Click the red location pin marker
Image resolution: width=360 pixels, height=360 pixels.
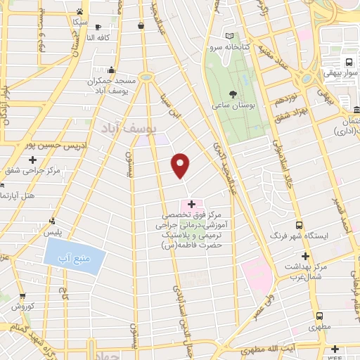181,165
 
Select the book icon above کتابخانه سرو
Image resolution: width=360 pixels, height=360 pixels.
230,36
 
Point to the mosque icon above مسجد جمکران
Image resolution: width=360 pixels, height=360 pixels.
111,70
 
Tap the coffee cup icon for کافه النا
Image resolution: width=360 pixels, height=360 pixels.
141,26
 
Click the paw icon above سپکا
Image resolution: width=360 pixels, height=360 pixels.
81,12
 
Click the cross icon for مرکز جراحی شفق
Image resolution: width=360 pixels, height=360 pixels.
32,160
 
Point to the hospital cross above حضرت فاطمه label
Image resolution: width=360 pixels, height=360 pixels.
191,203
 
